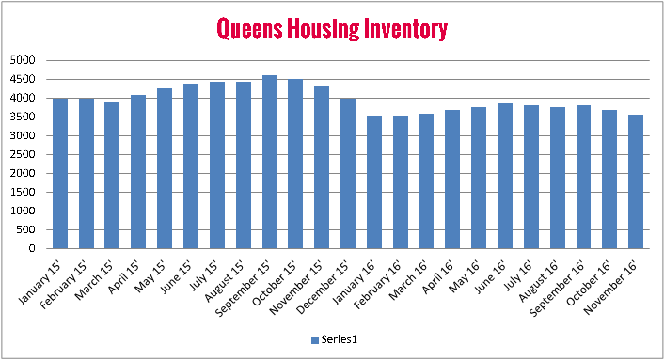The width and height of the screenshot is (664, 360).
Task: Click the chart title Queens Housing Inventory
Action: coord(331,28)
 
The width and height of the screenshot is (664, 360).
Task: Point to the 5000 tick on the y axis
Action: coord(22,60)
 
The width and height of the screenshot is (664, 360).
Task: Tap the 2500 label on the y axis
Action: coord(22,154)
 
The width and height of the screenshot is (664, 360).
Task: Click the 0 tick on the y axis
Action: coord(31,249)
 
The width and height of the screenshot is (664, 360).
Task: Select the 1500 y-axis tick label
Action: coord(22,192)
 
